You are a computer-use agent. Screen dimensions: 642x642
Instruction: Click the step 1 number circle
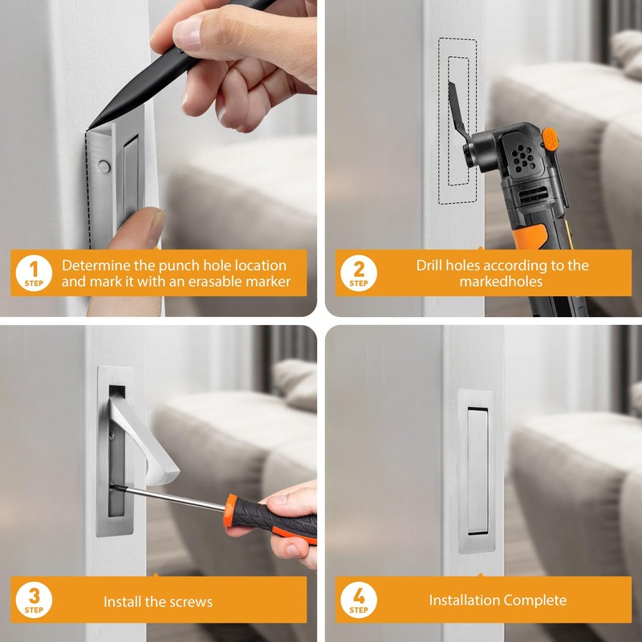click(34, 273)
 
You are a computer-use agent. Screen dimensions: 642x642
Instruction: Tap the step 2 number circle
click(359, 273)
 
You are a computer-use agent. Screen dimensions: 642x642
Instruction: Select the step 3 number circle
click(34, 599)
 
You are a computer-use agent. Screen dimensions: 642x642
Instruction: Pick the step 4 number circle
click(359, 599)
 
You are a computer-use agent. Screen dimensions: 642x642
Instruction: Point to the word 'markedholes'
click(501, 282)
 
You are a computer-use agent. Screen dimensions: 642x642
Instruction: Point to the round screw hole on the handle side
click(104, 167)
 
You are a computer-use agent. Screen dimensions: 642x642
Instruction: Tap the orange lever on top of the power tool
click(550, 140)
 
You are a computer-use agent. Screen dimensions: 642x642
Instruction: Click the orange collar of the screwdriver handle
click(230, 510)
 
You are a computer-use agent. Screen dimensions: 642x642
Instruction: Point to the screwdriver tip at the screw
click(112, 486)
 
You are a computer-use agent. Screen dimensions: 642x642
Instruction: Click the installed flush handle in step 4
click(477, 471)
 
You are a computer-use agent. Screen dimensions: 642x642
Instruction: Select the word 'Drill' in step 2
click(429, 266)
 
